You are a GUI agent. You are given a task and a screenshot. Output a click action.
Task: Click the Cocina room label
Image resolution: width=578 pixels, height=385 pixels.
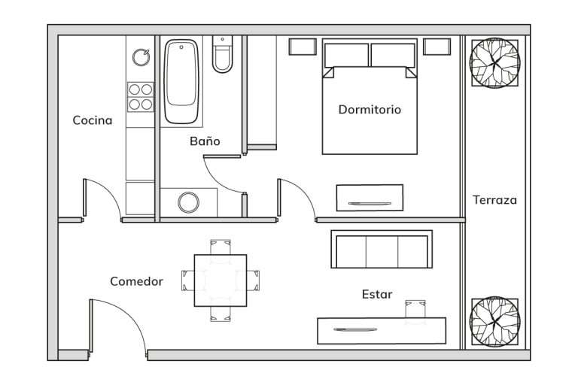click(92, 120)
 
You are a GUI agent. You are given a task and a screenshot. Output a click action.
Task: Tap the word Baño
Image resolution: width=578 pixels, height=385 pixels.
click(205, 141)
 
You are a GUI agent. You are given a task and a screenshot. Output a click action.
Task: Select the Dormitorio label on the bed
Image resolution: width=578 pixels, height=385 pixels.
click(370, 110)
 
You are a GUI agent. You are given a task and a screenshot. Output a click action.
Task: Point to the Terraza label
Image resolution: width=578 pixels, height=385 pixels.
click(494, 200)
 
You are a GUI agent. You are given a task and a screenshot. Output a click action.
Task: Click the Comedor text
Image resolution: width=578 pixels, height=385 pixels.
click(136, 281)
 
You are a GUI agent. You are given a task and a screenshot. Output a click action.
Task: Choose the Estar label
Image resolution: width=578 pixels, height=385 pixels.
click(377, 294)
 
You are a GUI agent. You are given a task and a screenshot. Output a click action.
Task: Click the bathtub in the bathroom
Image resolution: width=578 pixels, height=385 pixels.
click(181, 81)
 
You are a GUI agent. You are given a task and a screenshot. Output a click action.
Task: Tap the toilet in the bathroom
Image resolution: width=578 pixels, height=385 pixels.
click(222, 54)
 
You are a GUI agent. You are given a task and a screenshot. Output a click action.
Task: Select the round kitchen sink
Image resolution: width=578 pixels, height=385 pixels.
click(141, 57)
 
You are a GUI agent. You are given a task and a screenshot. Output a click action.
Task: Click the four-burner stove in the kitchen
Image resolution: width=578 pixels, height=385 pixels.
click(141, 97)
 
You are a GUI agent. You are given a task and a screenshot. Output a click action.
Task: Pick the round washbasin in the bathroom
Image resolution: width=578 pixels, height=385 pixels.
click(188, 202)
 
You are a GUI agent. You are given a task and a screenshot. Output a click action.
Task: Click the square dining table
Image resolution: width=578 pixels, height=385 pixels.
click(221, 280)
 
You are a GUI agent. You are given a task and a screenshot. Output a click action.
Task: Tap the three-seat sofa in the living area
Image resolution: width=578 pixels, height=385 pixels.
click(382, 249)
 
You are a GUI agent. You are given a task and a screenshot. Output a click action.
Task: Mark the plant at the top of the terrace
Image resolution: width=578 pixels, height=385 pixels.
click(494, 63)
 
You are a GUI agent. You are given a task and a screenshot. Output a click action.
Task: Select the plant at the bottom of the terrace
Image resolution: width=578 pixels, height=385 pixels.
click(494, 322)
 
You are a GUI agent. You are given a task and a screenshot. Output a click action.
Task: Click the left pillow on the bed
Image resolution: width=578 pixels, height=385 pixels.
click(346, 56)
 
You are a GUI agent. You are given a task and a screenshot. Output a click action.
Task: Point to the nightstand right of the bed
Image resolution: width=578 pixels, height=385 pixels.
click(437, 47)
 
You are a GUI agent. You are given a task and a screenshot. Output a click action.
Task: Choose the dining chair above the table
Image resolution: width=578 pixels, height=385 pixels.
click(221, 247)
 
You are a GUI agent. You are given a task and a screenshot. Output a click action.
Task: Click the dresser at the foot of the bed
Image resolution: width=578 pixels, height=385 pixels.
click(370, 198)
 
